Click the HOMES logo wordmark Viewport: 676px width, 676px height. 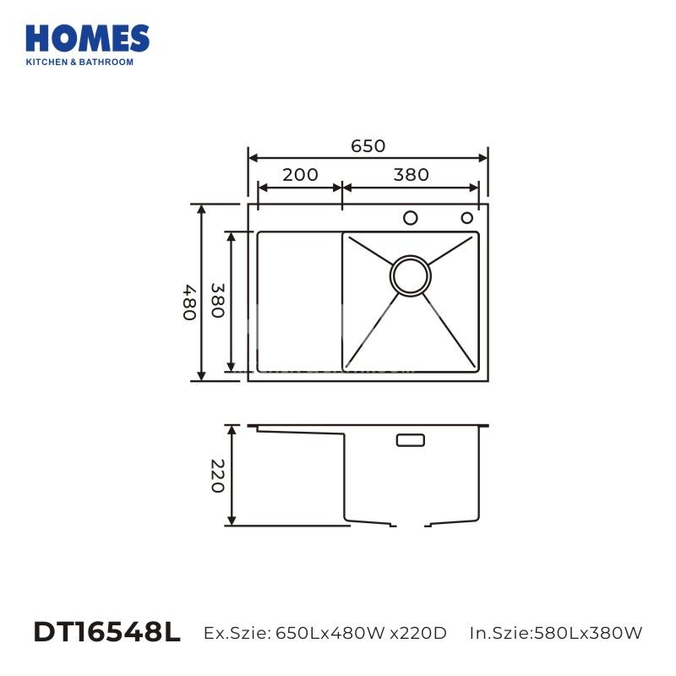point(88,38)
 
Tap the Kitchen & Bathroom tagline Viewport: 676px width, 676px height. point(79,62)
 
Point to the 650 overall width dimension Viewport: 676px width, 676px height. point(368,146)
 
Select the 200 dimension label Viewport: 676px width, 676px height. point(300,175)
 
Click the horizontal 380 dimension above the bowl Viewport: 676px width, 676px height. point(411,175)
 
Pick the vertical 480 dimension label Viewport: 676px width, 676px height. point(189,302)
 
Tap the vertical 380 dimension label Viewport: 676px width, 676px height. point(217,301)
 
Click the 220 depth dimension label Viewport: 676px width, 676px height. point(217,476)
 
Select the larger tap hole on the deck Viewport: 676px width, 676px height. point(411,218)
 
